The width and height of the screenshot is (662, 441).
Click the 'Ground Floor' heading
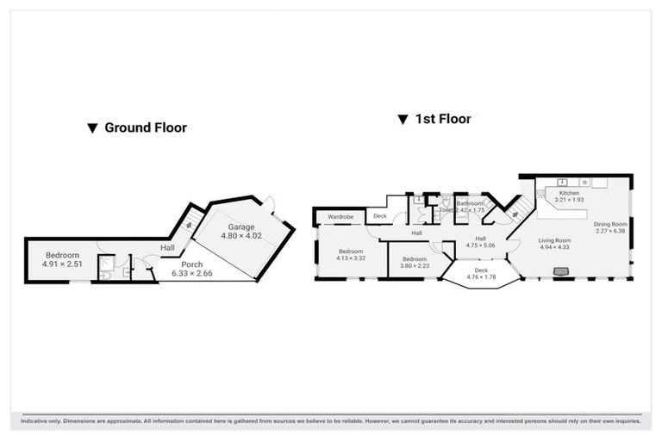tap(145, 127)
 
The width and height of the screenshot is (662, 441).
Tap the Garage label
tap(240, 227)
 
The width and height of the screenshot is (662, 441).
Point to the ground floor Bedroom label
tap(62, 255)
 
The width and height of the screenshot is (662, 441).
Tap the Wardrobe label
tap(340, 216)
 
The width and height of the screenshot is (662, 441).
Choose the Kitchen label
tap(569, 193)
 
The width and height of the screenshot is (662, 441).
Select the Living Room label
tap(556, 240)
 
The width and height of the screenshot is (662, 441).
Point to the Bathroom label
tap(470, 203)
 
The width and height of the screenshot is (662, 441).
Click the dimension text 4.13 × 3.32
tap(350, 258)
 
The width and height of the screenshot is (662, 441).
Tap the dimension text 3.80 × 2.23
tap(414, 266)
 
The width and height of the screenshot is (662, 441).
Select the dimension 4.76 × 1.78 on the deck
tap(482, 277)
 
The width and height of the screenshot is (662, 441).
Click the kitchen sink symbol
tap(562, 183)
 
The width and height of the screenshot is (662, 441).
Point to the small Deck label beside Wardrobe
tap(380, 216)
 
